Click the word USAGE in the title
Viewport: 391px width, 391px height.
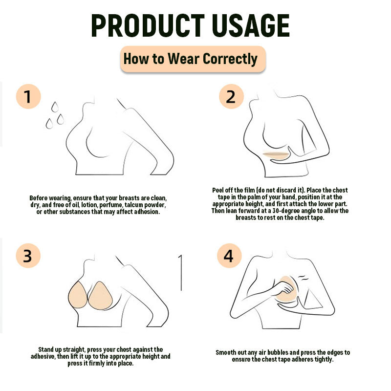click(x=251, y=26)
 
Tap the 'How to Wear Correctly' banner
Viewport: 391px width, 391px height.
click(x=193, y=59)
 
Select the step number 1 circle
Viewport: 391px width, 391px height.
click(x=28, y=96)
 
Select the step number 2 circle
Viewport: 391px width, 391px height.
click(x=231, y=96)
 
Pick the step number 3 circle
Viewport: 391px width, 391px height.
click(x=28, y=256)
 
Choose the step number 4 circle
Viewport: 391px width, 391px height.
click(x=229, y=256)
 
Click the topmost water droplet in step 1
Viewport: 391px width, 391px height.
click(x=55, y=107)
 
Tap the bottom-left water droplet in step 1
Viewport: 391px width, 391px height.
click(x=49, y=124)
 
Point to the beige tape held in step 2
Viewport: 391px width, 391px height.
click(x=276, y=155)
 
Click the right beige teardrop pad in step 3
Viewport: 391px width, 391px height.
click(x=101, y=296)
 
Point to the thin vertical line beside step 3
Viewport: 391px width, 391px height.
click(x=181, y=273)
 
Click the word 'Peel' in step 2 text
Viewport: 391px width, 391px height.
click(x=218, y=190)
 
